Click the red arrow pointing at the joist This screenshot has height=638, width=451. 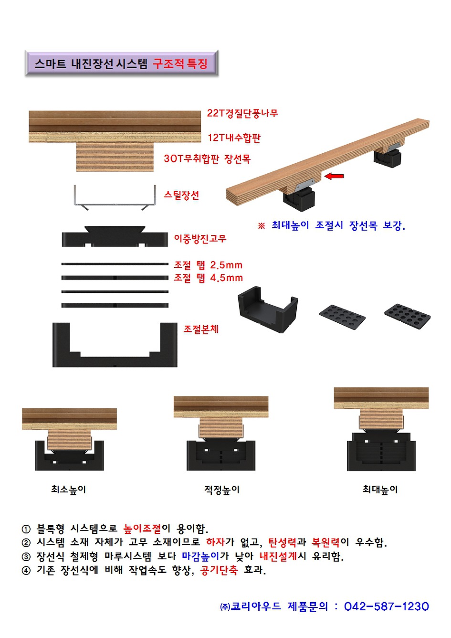point(334,176)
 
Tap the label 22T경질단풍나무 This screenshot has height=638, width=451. point(242,113)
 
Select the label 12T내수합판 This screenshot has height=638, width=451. point(234,138)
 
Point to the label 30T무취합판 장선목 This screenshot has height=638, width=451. point(207,159)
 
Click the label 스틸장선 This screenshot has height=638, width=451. point(181,195)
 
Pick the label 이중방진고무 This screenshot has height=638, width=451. point(200,238)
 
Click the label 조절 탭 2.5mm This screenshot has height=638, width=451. point(208,265)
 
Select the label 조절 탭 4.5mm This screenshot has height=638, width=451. point(208,278)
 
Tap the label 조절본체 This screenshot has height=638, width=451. point(201,329)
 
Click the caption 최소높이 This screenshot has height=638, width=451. point(68,489)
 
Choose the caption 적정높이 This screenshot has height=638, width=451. point(222,489)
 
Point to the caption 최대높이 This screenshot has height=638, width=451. point(380,489)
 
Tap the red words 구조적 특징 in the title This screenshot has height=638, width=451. point(180,64)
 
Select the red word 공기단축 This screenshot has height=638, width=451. point(219,570)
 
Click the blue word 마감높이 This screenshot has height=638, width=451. point(200,556)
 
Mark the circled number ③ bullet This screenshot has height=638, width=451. point(26,556)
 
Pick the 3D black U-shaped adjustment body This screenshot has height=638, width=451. point(268,309)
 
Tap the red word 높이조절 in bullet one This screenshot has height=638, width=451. point(142,528)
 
